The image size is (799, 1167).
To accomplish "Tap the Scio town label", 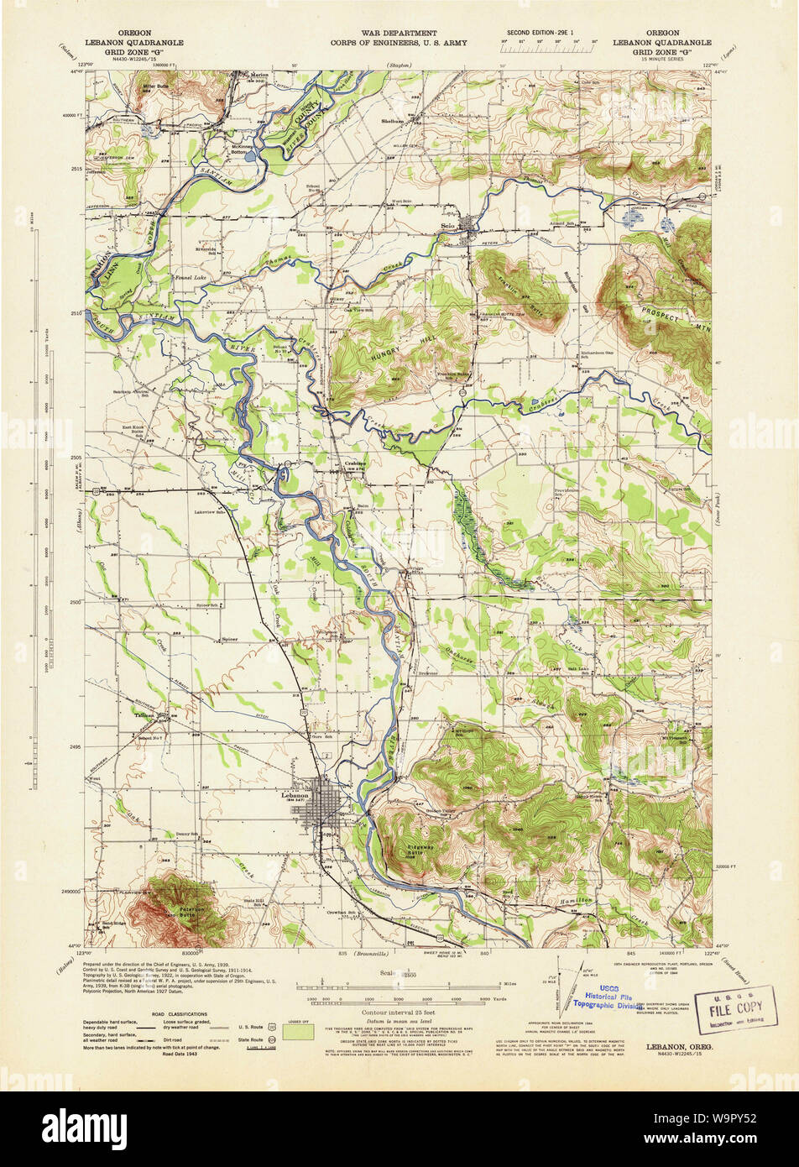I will coord(448,225).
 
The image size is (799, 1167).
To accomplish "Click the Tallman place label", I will coord(146,715).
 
